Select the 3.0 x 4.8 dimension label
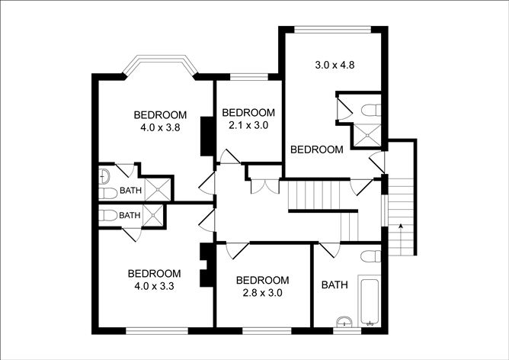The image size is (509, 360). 336,65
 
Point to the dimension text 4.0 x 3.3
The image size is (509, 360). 154,287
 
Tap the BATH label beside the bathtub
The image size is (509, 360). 335,285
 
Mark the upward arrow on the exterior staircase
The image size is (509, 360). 399,226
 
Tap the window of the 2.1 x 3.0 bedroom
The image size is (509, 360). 248,76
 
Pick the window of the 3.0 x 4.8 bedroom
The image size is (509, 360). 332,30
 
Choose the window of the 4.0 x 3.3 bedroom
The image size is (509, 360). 156,330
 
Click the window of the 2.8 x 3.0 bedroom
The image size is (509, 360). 267,330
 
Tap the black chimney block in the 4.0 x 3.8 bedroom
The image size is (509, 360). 205,136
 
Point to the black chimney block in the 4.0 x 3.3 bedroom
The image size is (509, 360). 205,265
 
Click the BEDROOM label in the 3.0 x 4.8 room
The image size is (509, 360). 317,149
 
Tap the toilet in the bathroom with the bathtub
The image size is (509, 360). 372,256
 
